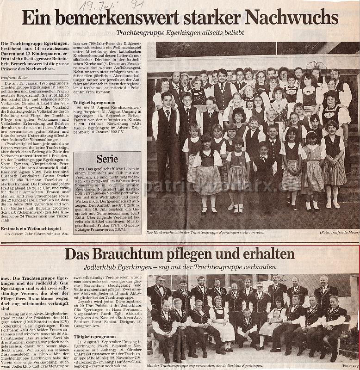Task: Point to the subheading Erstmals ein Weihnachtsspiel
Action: coord(34,228)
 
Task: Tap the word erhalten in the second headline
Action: coord(267,254)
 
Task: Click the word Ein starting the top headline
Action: coord(36,18)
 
